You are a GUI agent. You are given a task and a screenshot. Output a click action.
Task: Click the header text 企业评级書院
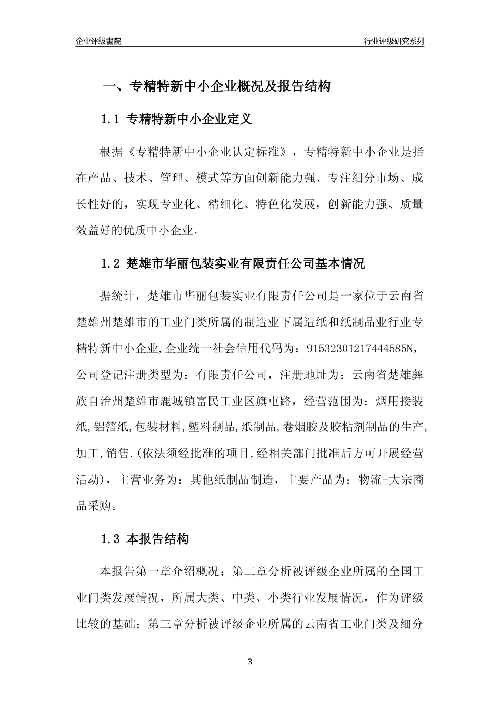pos(98,41)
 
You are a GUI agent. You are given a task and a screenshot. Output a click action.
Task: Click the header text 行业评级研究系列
pos(394,41)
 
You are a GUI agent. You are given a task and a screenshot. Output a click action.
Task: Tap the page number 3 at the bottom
pos(249,662)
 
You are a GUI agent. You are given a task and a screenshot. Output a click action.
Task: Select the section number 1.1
pos(111,120)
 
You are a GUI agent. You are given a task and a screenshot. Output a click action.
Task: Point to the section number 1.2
pos(111,264)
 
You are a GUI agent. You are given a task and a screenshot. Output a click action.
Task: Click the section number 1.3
pos(111,539)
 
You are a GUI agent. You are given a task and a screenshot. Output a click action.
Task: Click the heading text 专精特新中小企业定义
pos(189,120)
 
